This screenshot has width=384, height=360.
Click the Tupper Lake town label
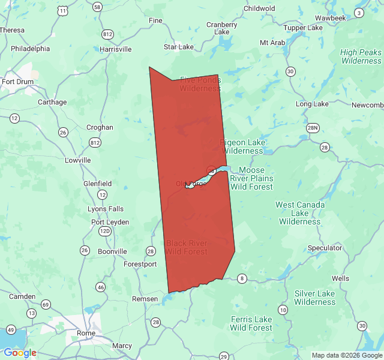click(x=302, y=28)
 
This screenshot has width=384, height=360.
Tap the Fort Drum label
click(x=16, y=82)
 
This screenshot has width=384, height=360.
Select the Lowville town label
click(x=77, y=160)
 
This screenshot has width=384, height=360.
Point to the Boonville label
click(x=112, y=251)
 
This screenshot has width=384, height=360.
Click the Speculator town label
click(x=325, y=248)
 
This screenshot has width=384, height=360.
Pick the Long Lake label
click(x=312, y=104)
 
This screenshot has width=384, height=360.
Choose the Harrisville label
click(x=115, y=49)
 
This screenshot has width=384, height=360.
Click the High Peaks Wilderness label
click(x=361, y=56)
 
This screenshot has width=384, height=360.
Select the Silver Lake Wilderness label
click(x=314, y=298)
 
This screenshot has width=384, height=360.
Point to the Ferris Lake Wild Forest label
click(x=251, y=323)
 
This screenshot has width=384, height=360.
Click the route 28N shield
click(x=312, y=128)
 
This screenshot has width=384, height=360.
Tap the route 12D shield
click(x=105, y=231)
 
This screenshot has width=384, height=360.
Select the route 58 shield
click(x=97, y=7)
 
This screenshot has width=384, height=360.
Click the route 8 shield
click(x=242, y=278)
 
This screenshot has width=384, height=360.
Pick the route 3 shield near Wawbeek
click(x=359, y=13)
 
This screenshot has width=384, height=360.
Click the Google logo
click(x=20, y=353)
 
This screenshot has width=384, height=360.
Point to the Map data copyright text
click(x=346, y=355)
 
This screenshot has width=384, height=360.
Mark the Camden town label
click(x=22, y=296)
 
